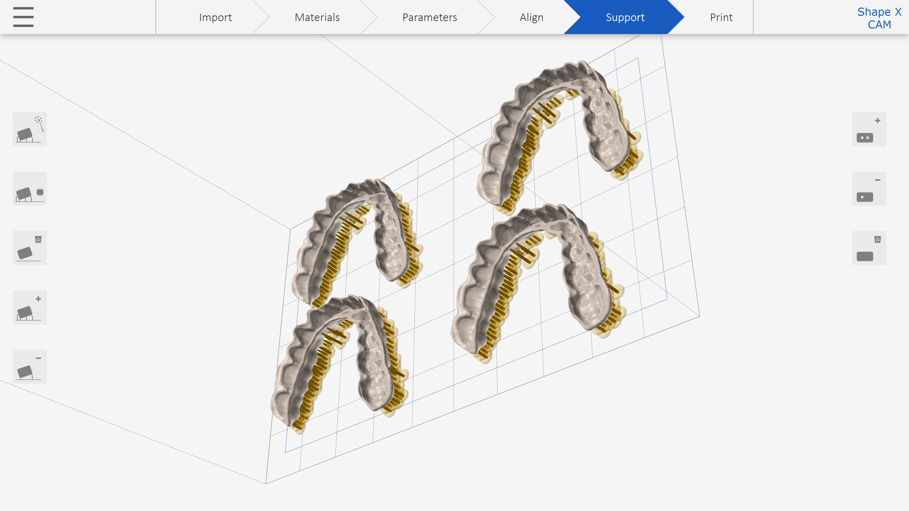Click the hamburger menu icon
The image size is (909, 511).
(x=23, y=17)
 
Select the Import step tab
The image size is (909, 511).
(x=215, y=17)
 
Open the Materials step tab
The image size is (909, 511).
(x=317, y=17)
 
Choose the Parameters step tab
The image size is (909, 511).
(x=429, y=17)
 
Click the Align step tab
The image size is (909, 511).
(x=531, y=17)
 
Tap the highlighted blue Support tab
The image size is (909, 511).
(x=625, y=17)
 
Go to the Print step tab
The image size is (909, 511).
(x=721, y=17)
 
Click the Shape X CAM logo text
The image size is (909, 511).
(x=879, y=18)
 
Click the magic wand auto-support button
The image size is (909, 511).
(x=30, y=129)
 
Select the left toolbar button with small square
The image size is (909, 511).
(x=30, y=188)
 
